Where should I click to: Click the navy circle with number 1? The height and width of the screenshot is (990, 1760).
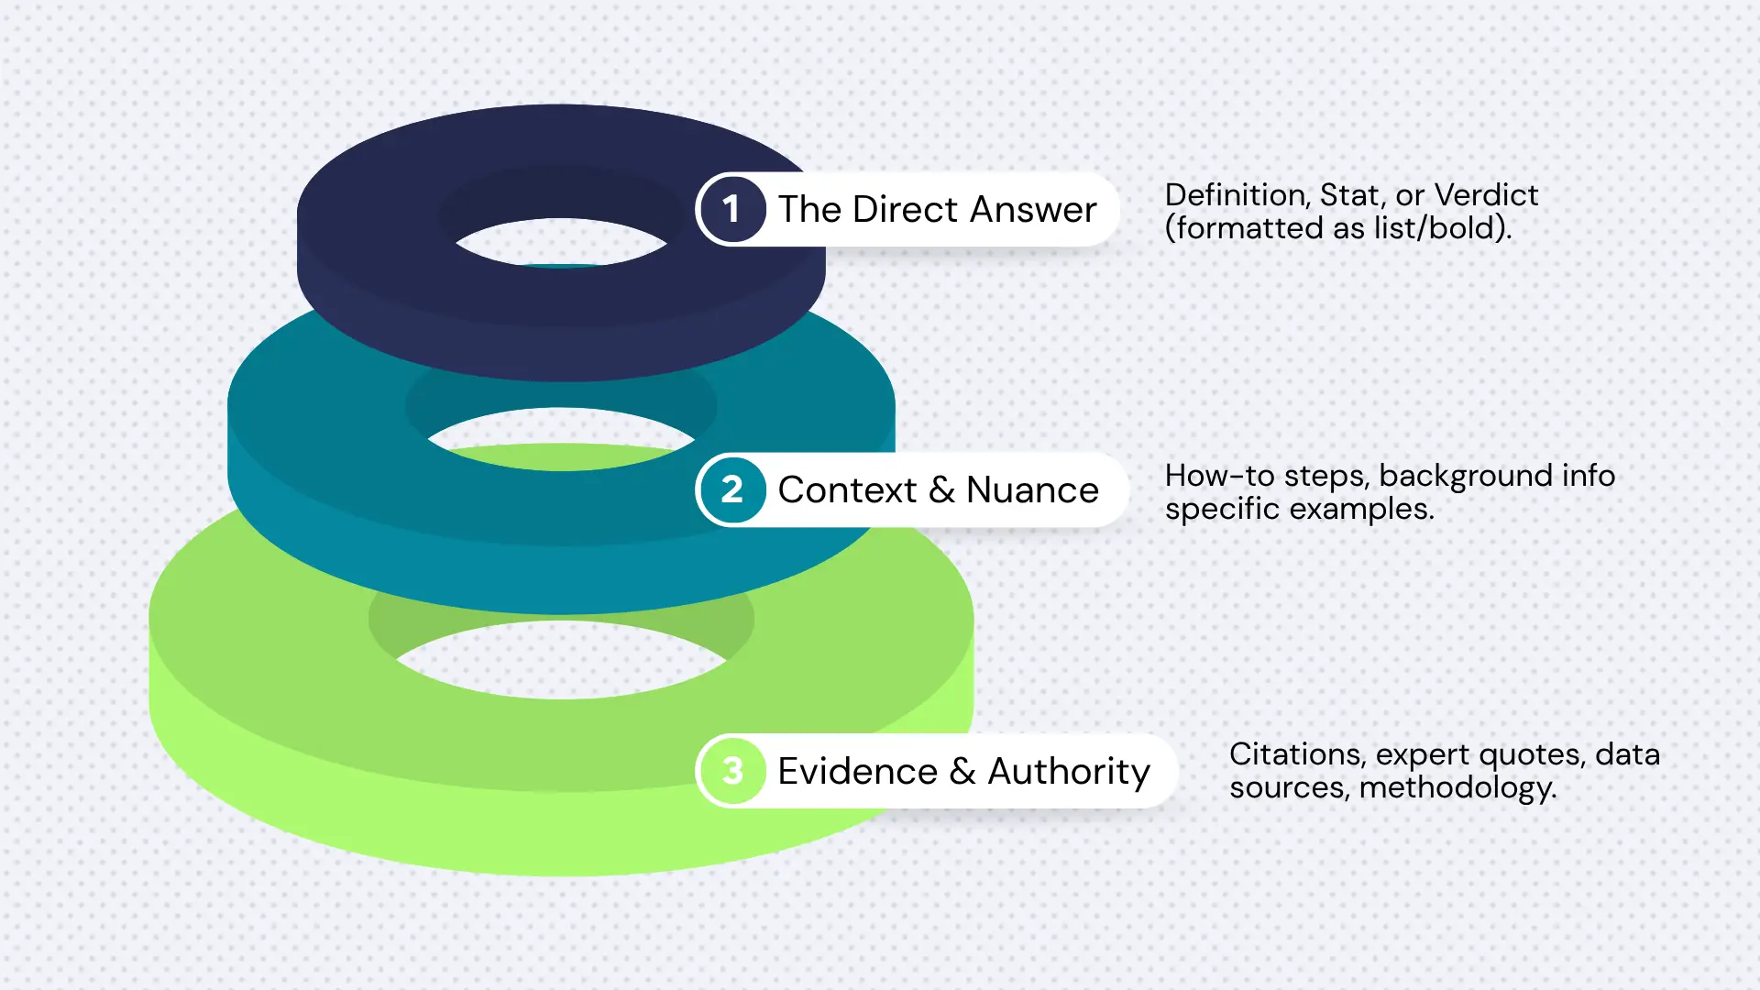pyautogui.click(x=731, y=209)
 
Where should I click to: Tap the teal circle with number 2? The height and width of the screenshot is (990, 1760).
pyautogui.click(x=731, y=489)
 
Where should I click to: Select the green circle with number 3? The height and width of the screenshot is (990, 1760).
pyautogui.click(x=731, y=771)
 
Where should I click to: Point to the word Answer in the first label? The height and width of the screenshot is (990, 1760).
pyautogui.click(x=1033, y=210)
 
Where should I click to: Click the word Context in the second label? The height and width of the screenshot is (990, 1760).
pyautogui.click(x=847, y=490)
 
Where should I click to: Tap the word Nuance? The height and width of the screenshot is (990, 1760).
pyautogui.click(x=1032, y=490)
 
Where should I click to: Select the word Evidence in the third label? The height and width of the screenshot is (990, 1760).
pyautogui.click(x=857, y=771)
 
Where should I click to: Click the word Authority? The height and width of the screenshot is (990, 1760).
pyautogui.click(x=1069, y=772)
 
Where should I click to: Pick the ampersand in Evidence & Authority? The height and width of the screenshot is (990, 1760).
pyautogui.click(x=962, y=771)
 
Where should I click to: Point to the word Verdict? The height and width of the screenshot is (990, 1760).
pyautogui.click(x=1486, y=195)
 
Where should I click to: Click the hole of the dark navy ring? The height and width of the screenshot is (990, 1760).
pyautogui.click(x=561, y=243)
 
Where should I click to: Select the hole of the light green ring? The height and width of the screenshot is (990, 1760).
pyautogui.click(x=561, y=660)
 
